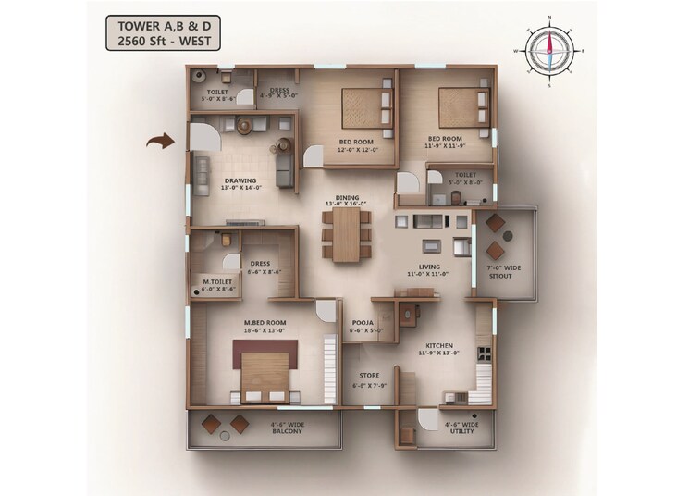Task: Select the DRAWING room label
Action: (x=240, y=180)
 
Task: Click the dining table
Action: (x=346, y=233)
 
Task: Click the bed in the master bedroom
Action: (x=265, y=371)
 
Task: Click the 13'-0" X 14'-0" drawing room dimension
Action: (x=241, y=189)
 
